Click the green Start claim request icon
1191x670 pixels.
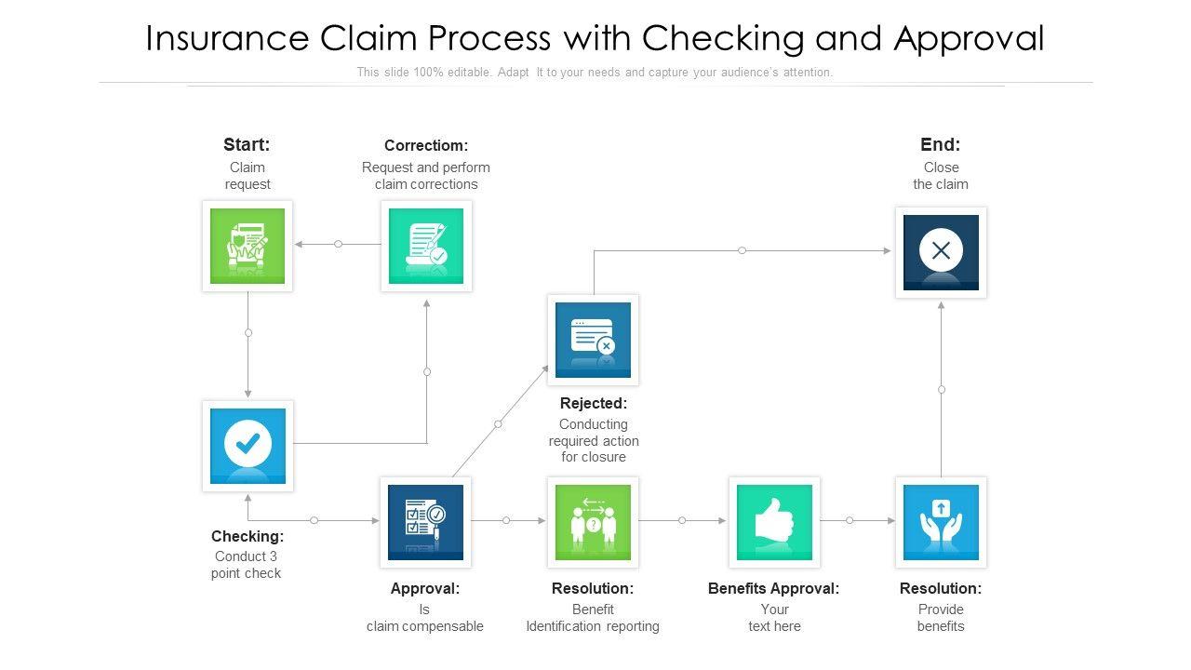tap(248, 246)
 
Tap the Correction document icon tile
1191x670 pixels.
tap(426, 246)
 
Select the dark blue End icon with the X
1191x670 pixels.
tap(941, 252)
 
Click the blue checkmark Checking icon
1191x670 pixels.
tap(248, 446)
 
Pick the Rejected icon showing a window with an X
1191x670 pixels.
tap(593, 340)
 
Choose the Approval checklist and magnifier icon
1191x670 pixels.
tap(425, 522)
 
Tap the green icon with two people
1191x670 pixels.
tap(593, 522)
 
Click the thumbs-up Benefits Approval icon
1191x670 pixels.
tap(774, 522)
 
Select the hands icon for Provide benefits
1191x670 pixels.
tap(941, 522)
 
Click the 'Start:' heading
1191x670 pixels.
tap(247, 144)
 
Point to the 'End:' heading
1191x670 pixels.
tap(941, 144)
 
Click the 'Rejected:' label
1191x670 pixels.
tap(594, 404)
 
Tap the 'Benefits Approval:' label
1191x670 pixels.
tap(773, 589)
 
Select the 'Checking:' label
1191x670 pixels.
tap(248, 537)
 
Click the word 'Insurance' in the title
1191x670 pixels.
tap(227, 38)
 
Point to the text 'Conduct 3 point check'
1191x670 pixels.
tap(247, 565)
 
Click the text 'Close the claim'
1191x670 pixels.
tap(941, 176)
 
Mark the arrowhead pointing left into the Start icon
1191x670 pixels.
tap(299, 244)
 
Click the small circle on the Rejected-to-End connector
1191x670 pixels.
tap(742, 250)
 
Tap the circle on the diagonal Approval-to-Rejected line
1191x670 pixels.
tap(498, 423)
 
